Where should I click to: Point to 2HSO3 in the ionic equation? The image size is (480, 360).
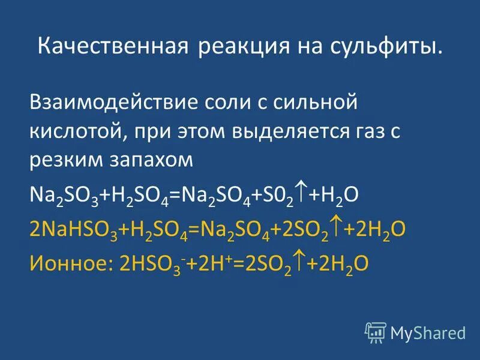click(x=140, y=267)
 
